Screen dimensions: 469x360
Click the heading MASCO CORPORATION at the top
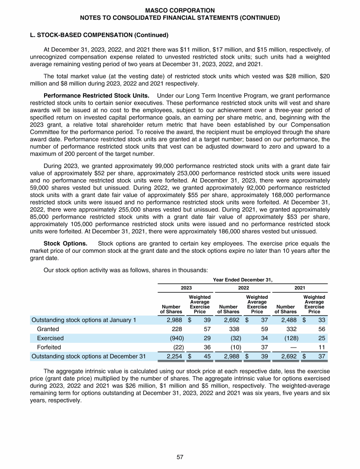click(180, 10)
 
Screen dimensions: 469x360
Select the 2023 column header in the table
click(185, 287)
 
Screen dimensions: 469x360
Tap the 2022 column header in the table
click(242, 287)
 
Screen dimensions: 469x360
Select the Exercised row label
click(50, 338)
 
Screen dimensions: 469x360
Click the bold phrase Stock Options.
click(63, 243)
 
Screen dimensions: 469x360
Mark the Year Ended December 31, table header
click(242, 280)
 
